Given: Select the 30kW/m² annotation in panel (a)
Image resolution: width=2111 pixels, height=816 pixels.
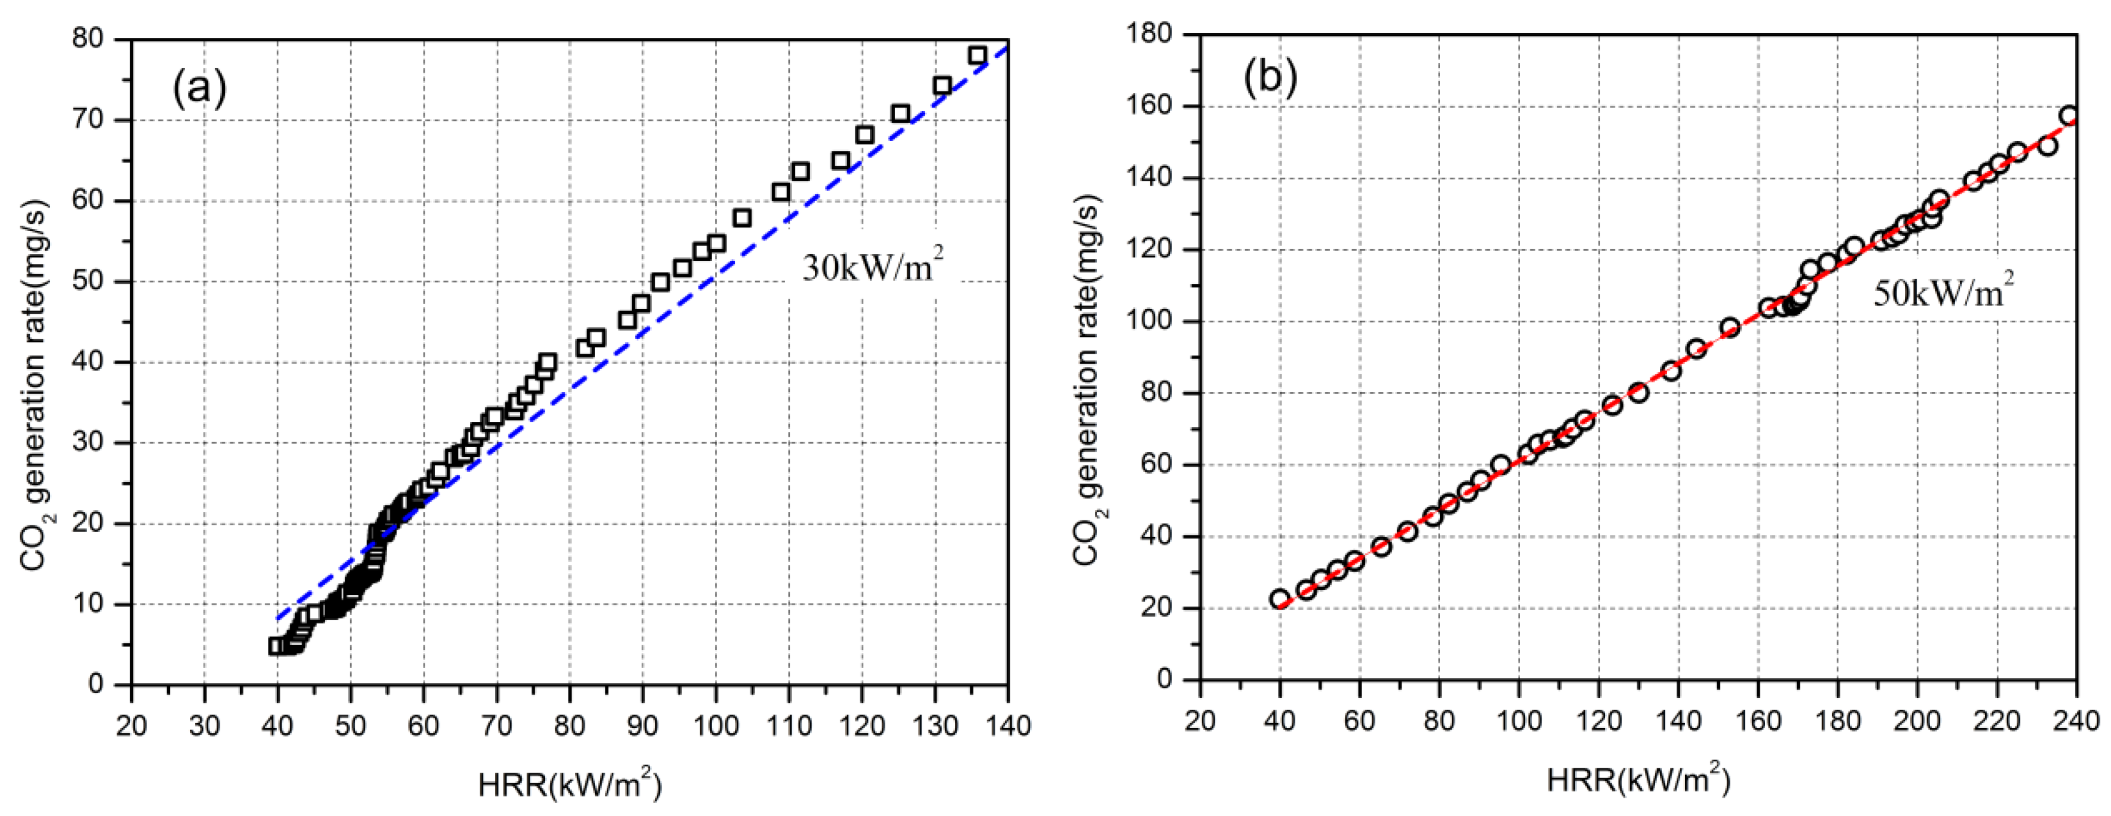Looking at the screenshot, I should coord(872,266).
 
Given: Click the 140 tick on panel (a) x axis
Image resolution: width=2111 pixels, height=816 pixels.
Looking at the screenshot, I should coord(1007,725).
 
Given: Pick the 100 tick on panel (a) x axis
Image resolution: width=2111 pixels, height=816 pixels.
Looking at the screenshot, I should coord(715,725).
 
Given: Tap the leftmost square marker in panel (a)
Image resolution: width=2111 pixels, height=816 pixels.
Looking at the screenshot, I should coord(276,646).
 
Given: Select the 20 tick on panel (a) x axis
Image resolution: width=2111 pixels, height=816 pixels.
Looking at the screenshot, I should coord(131,725).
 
